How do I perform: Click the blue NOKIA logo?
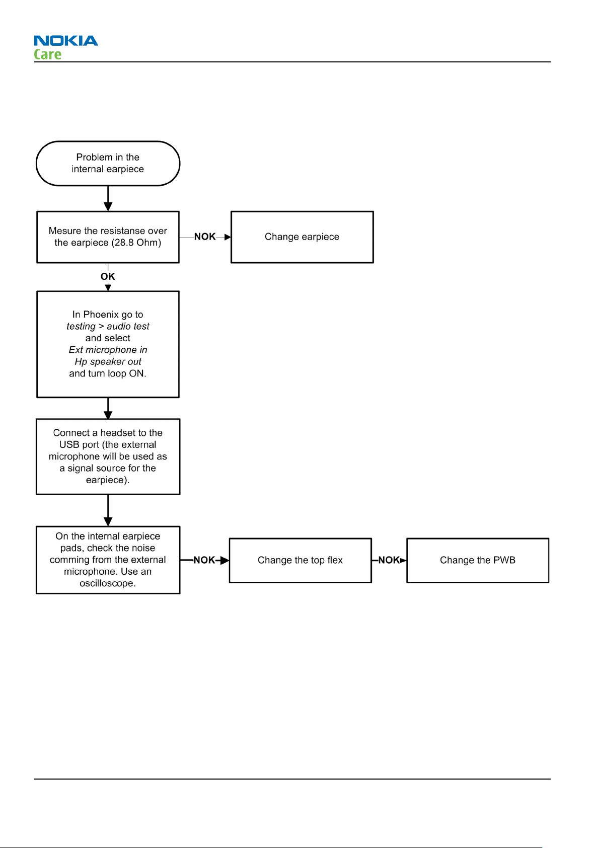tap(66, 40)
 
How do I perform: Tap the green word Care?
tap(48, 54)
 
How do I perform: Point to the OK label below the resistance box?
tap(108, 276)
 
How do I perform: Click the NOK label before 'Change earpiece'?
tap(205, 237)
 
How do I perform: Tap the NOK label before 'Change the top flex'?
tap(204, 560)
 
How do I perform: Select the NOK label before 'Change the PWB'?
tap(389, 560)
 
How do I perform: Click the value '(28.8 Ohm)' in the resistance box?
tap(136, 243)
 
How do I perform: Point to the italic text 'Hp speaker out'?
tap(108, 361)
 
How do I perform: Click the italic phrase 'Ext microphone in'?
tap(108, 350)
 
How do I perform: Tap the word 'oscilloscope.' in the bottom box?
tap(108, 583)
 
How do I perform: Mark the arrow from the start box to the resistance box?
tap(108, 198)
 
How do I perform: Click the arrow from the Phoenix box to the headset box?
tap(108, 409)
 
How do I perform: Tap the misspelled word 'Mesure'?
tap(65, 231)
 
